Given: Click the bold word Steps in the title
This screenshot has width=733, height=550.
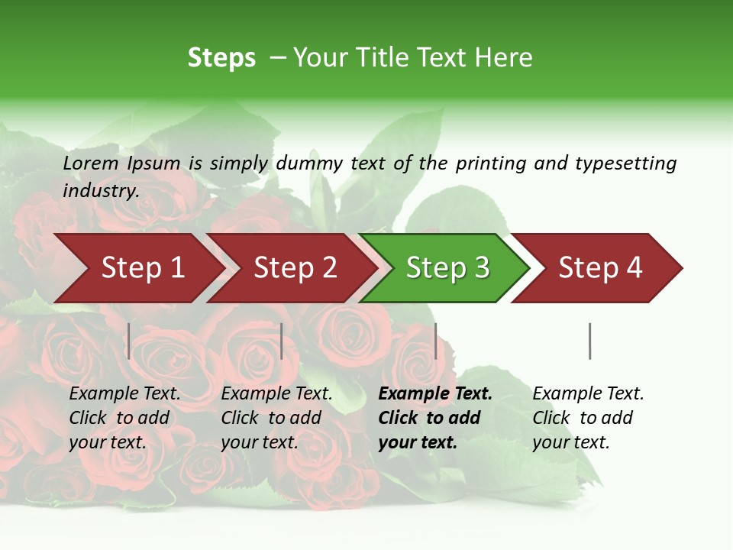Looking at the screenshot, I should coord(221,58).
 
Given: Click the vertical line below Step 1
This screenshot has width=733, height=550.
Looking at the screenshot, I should coord(129,341).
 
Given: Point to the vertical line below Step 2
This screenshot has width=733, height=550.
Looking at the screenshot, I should coord(282,341).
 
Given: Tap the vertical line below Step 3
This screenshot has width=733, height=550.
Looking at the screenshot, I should coord(435,341).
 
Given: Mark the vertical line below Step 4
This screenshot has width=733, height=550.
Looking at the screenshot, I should coord(589,341).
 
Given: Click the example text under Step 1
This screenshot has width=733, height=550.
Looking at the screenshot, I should coord(124,418).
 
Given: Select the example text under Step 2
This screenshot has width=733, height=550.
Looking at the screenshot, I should coord(276,418).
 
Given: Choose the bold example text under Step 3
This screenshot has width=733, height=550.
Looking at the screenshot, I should coord(434,418).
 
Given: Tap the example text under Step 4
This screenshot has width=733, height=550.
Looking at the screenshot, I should coord(587,418).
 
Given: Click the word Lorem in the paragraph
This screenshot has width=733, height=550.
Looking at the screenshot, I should coord(91,163).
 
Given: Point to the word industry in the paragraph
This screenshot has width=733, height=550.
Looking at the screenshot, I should coord(100,191).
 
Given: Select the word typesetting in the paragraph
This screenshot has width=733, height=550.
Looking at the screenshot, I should coord(625,163).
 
